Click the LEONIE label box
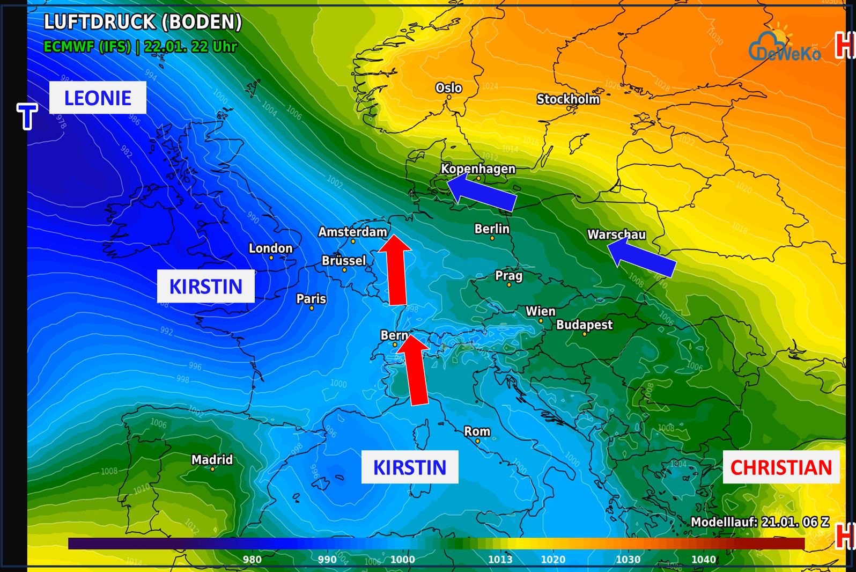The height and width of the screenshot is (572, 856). coord(98,98)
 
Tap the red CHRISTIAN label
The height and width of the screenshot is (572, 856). coord(780,467)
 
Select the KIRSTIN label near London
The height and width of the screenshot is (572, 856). coord(205,287)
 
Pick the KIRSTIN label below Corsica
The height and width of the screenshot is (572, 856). coord(410,467)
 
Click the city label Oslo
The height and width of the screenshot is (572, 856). coord(448,88)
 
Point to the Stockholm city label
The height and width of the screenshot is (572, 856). coord(568,99)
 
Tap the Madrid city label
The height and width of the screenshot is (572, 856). coord(212,460)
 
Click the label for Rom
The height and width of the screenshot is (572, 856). coord(477,431)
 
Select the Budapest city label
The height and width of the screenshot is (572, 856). coord(584,325)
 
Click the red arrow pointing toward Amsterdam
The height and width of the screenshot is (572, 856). coord(396,271)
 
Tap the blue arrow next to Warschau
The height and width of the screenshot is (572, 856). coord(641,258)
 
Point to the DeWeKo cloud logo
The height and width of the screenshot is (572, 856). coord(784,47)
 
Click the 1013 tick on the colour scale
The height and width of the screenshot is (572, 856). coord(500,559)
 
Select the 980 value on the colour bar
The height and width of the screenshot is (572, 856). coord(252,559)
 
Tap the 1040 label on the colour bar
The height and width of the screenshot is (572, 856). coord(703,559)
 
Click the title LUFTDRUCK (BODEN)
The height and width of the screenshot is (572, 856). coord(143,22)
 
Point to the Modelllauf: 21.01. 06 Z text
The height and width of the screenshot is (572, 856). coord(759,522)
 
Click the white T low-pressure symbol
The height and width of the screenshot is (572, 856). coord(27,116)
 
